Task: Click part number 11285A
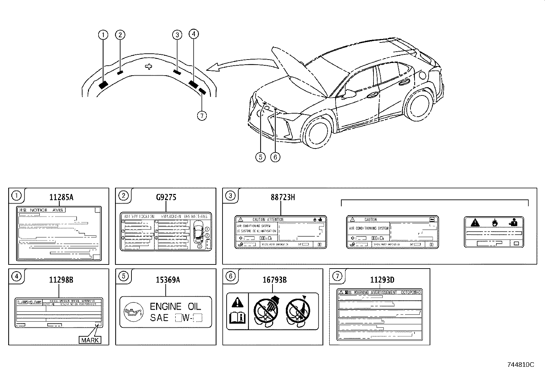61,197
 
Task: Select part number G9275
166,197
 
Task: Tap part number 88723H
282,197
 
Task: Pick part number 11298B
61,280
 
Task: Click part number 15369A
168,280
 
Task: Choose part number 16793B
275,280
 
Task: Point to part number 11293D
382,280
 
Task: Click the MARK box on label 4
90,340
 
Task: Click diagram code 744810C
520,365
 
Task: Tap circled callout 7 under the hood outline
202,116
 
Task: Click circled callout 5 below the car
261,157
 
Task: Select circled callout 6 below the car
275,157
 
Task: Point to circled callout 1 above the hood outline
103,35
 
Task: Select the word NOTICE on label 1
39,210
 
